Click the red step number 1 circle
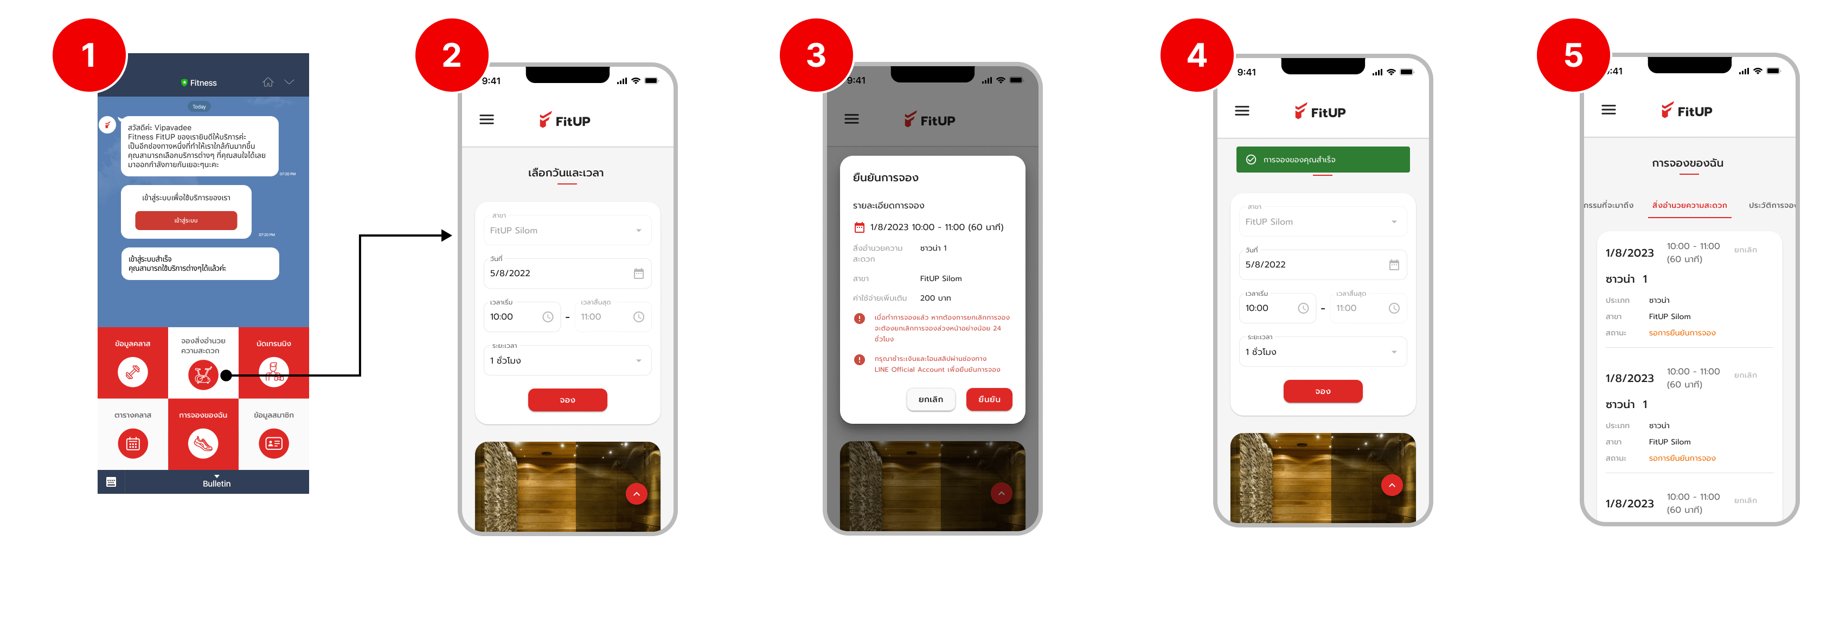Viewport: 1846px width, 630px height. pyautogui.click(x=89, y=55)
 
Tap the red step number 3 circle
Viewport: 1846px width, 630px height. pyautogui.click(x=816, y=55)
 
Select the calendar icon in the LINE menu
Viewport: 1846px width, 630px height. pyautogui.click(x=132, y=444)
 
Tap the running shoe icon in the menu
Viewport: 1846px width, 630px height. pyautogui.click(x=203, y=444)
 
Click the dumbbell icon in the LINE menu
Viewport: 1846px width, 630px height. pyautogui.click(x=132, y=373)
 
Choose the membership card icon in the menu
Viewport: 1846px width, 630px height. pyautogui.click(x=274, y=444)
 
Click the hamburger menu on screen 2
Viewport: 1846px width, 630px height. pyautogui.click(x=486, y=120)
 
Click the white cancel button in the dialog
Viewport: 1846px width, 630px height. pyautogui.click(x=930, y=399)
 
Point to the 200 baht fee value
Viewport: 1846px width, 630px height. pyautogui.click(x=935, y=298)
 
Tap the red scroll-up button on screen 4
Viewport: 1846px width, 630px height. pyautogui.click(x=1391, y=485)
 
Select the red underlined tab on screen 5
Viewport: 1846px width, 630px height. pyautogui.click(x=1689, y=206)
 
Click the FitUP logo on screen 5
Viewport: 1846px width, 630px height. pyautogui.click(x=1686, y=111)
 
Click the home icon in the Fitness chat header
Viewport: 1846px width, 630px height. pyautogui.click(x=268, y=82)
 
